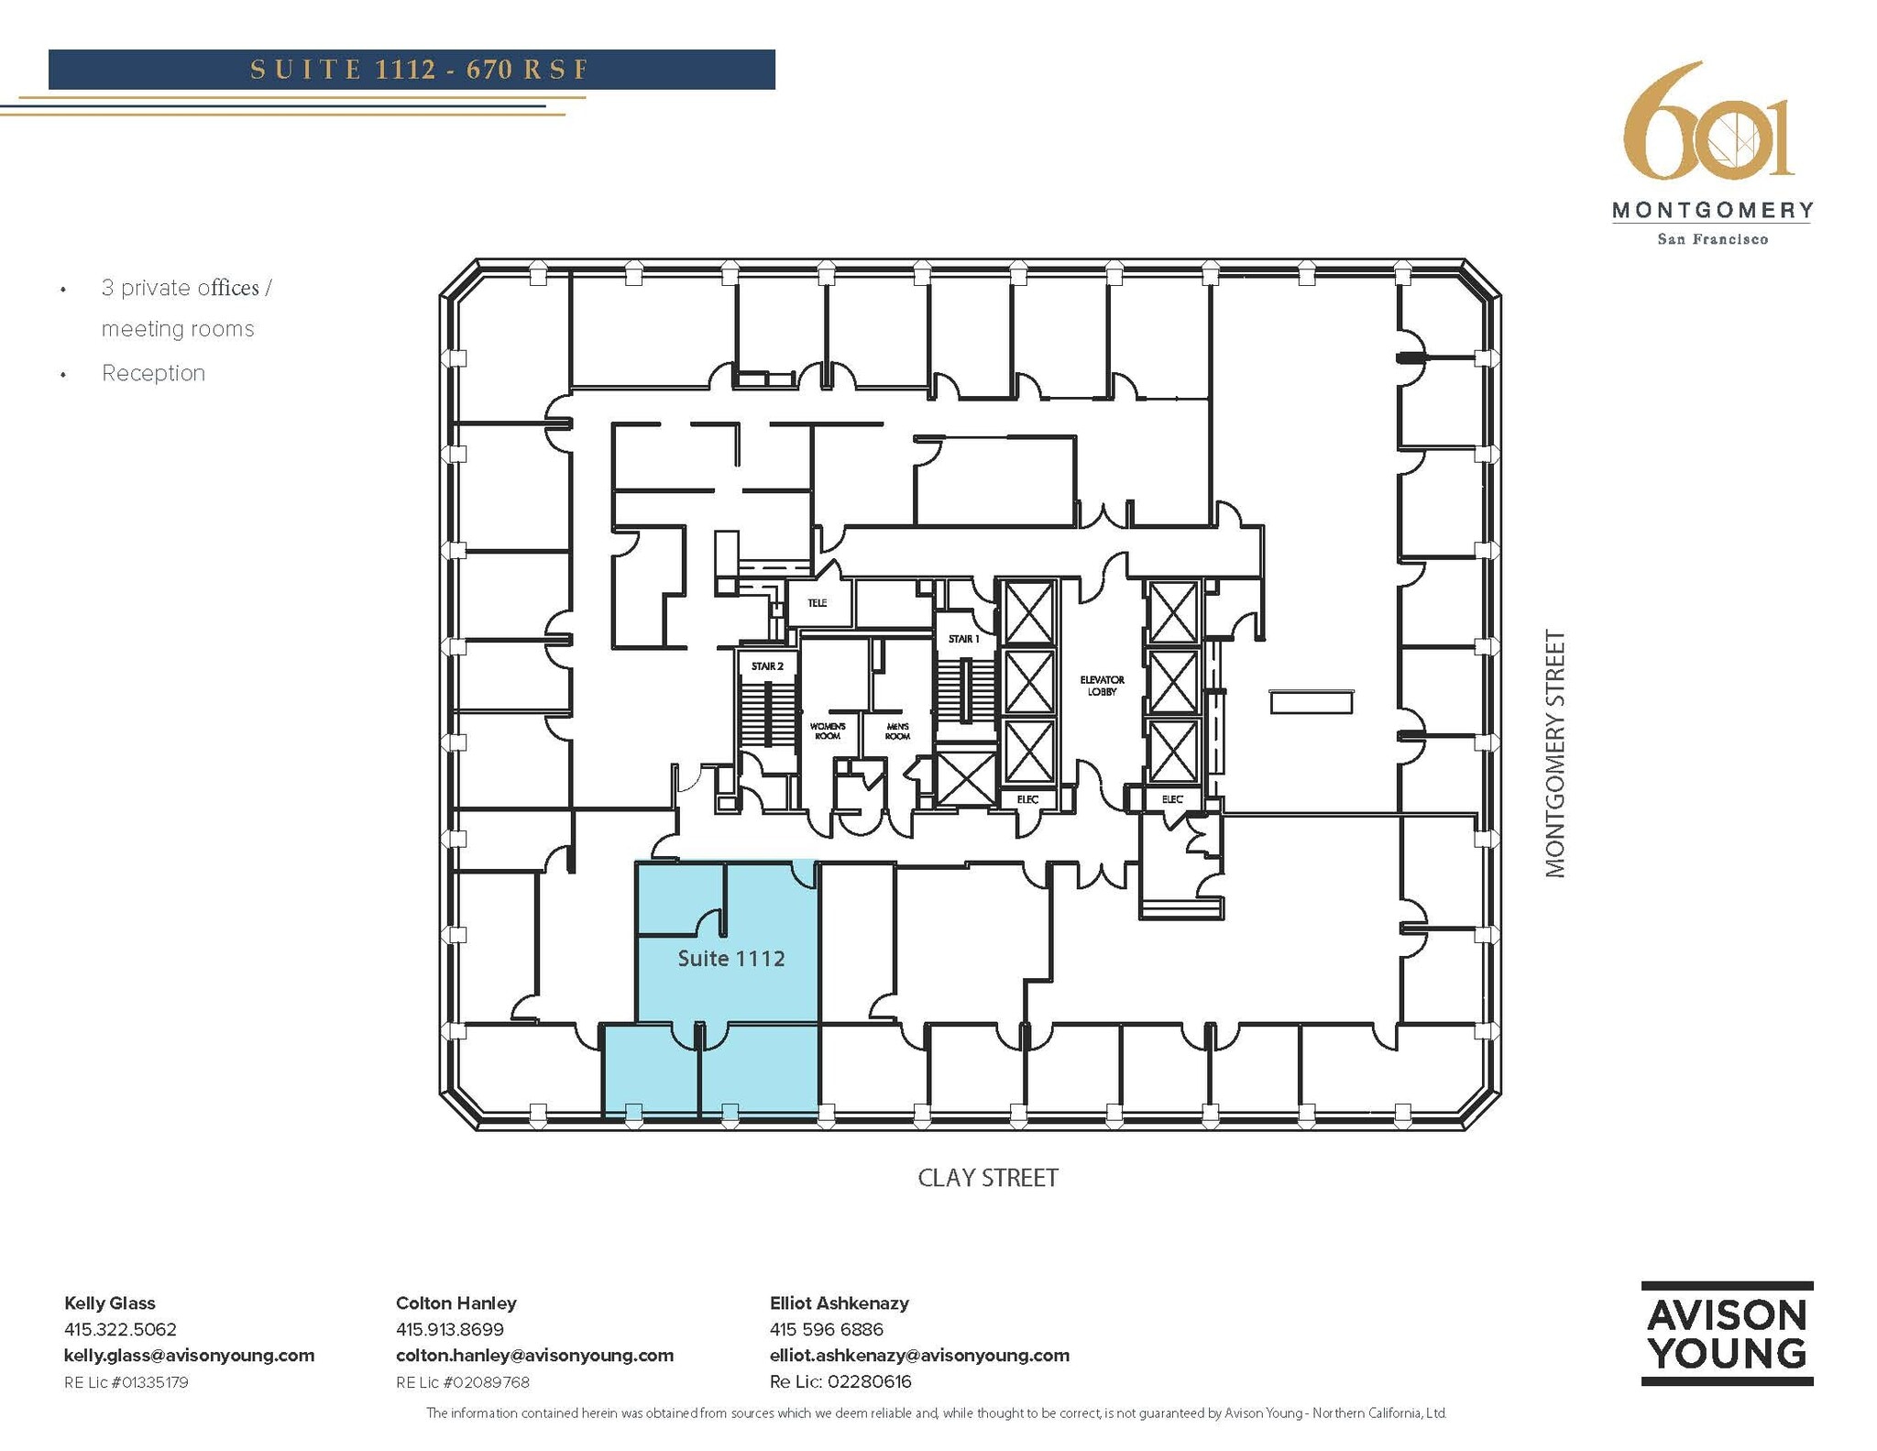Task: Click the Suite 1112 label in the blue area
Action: (730, 959)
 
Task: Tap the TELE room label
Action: (817, 603)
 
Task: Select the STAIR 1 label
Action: (963, 639)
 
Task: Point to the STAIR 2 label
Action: (767, 666)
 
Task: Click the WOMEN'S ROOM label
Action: (827, 731)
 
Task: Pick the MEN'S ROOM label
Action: (897, 731)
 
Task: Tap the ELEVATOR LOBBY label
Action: (1102, 686)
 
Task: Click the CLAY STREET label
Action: (988, 1178)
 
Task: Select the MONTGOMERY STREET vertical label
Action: (1555, 753)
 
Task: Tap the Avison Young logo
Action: (1727, 1334)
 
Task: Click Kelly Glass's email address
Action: (189, 1356)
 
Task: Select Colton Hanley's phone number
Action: (449, 1329)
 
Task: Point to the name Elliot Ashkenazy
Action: (839, 1303)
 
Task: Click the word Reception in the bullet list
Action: (153, 373)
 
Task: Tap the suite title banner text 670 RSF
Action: (526, 70)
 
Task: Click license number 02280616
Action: (869, 1382)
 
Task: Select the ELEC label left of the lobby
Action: (1027, 799)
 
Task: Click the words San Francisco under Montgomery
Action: (1712, 239)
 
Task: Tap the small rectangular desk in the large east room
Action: (1311, 702)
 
